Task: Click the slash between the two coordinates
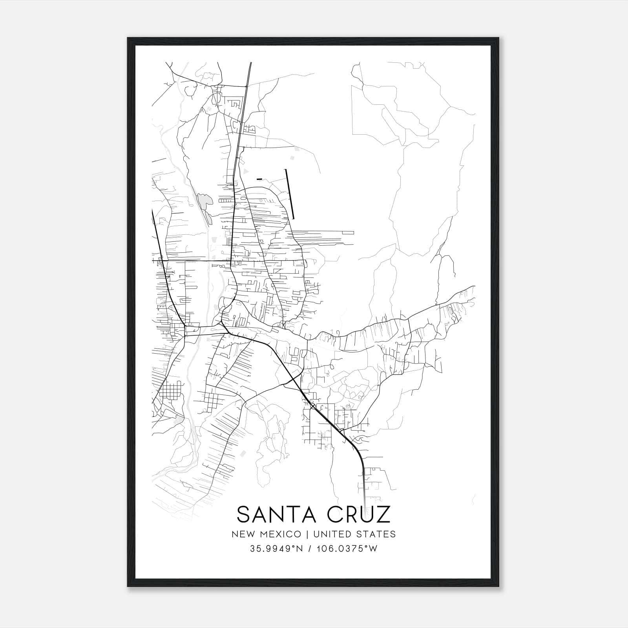click(310, 549)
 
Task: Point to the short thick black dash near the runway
click(259, 179)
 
